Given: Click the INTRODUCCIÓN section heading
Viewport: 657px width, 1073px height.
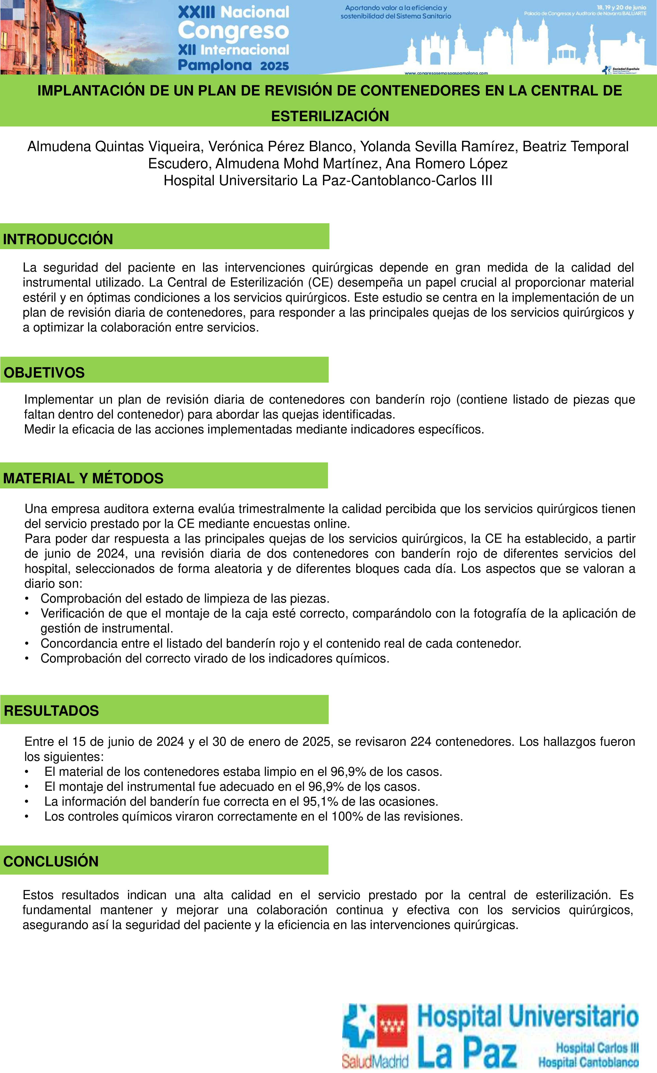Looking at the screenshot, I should pos(58,239).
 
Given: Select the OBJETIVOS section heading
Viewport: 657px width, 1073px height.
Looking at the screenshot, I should pos(44,372).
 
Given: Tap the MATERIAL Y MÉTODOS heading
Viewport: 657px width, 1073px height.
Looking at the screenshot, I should pos(83,478).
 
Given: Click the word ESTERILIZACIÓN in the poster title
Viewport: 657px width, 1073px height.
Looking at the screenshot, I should pos(330,116).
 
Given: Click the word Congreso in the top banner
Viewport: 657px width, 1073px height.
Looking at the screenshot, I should pos(233,30).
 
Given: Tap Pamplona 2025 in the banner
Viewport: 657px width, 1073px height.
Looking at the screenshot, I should pos(233,65).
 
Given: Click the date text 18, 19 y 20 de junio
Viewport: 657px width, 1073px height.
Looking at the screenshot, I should pos(621,7).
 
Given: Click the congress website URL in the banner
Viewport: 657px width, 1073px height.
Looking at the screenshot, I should pos(446,73).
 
